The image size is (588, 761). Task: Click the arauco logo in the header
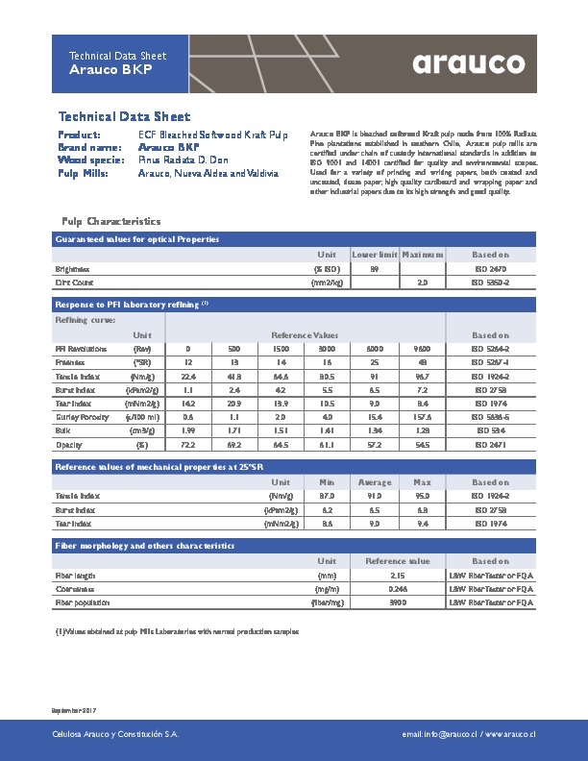click(469, 63)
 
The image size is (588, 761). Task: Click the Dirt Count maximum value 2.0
click(422, 283)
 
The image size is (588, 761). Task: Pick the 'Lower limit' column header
click(374, 255)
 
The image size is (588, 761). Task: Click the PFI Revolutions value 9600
click(422, 348)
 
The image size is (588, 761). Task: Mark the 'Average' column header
click(374, 481)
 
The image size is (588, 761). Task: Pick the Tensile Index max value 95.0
click(422, 496)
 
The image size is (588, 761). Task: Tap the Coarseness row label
click(74, 588)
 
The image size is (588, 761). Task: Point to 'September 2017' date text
click(74, 709)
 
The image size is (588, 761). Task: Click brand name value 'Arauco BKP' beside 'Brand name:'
click(169, 148)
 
